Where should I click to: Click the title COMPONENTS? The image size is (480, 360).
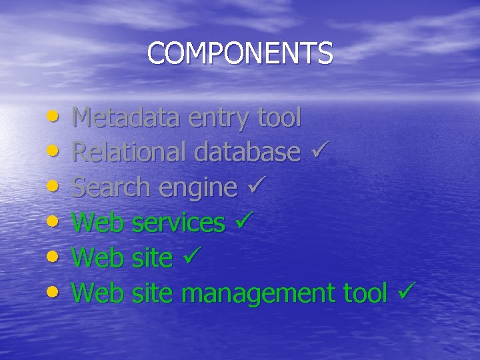coord(240,53)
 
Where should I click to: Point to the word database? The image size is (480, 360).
coord(247,153)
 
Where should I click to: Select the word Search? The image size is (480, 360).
coord(111,188)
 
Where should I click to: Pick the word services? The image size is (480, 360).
coord(178,223)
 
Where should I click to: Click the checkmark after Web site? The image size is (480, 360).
coord(191,255)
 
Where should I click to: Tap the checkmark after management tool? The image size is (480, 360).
coord(406,290)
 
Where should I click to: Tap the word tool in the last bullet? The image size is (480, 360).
coord(365,292)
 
